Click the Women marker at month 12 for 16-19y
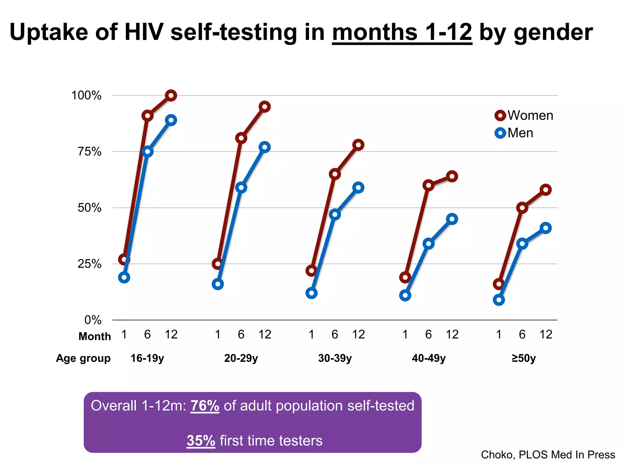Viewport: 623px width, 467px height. tap(171, 95)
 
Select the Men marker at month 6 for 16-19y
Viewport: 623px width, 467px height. tap(148, 151)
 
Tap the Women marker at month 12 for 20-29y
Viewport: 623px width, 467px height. tap(265, 107)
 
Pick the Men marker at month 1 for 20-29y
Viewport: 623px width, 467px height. tap(218, 284)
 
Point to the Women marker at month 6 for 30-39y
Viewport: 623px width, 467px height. tap(335, 174)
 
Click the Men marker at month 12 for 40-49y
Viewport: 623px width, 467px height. tap(452, 219)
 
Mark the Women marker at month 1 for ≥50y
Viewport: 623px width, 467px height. tap(499, 284)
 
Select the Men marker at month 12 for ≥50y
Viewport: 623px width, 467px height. tap(546, 228)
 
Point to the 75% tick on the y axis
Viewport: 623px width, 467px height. tap(89, 151)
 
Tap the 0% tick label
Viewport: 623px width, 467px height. tap(93, 320)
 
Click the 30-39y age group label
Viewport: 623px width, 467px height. tap(335, 358)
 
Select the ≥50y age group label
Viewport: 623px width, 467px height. tap(524, 358)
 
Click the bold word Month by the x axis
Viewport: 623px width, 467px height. tap(95, 336)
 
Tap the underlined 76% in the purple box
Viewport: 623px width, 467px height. tap(205, 406)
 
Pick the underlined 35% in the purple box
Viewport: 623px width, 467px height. tap(201, 441)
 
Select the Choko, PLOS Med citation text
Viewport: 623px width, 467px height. tap(548, 455)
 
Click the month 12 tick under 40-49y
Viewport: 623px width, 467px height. tap(452, 334)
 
